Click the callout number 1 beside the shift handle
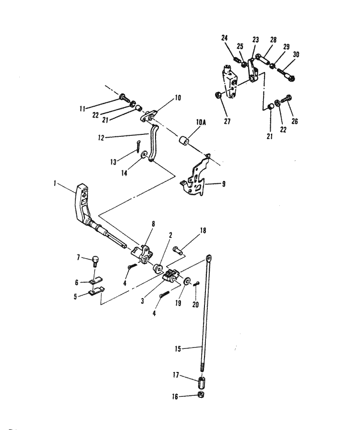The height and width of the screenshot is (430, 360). click(56, 183)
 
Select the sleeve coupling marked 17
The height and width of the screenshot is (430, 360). click(202, 383)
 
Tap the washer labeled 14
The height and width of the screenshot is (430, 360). click(144, 155)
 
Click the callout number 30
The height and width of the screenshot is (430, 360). click(296, 55)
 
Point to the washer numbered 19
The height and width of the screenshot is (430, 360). click(186, 282)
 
